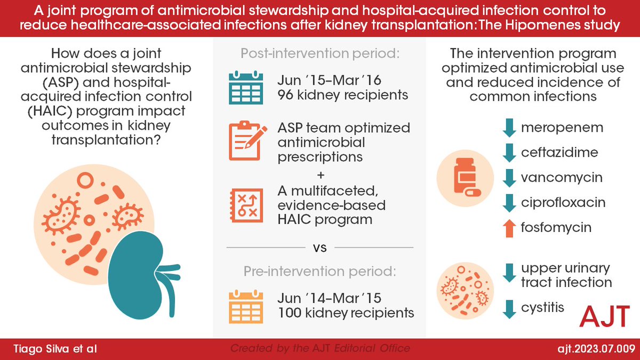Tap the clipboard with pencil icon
pyautogui.click(x=246, y=141)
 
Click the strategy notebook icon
pyautogui.click(x=246, y=204)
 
